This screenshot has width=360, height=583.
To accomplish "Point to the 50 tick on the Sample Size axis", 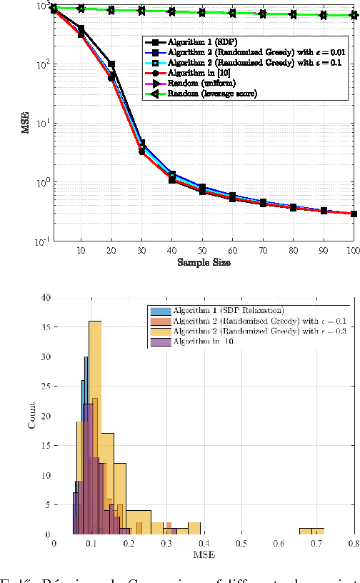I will pyautogui.click(x=204, y=251).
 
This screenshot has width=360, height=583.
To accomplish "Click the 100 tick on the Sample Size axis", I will pyautogui.click(x=351, y=251).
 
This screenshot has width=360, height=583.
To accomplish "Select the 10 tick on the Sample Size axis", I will pyautogui.click(x=81, y=251).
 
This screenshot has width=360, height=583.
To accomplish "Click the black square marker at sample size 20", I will pyautogui.click(x=112, y=64).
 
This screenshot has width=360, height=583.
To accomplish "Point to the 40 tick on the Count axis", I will pyautogui.click(x=45, y=297).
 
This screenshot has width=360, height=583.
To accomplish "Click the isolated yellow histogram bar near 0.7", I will pyautogui.click(x=311, y=532).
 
